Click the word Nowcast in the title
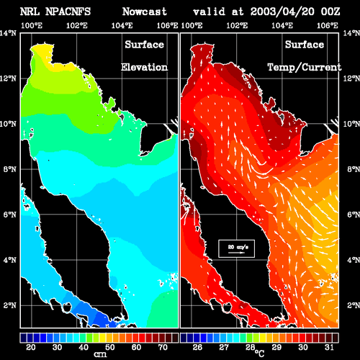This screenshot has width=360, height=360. [x=145, y=12]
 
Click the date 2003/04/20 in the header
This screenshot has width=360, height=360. [x=282, y=12]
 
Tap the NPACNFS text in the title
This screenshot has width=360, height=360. [x=68, y=12]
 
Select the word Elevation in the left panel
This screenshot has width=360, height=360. [x=144, y=67]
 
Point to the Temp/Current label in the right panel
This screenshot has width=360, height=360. [x=305, y=67]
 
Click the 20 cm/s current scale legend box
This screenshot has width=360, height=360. [x=237, y=248]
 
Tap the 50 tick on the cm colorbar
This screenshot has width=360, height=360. [x=109, y=347]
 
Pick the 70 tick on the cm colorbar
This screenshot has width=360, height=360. [x=163, y=347]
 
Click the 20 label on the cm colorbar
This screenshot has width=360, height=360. [x=30, y=347]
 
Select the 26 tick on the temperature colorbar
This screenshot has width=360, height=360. [x=197, y=347]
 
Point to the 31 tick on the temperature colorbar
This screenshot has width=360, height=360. [x=329, y=347]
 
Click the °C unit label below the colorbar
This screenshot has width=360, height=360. [x=259, y=354]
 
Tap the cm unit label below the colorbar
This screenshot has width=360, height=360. [x=100, y=354]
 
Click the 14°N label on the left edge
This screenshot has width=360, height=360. [x=9, y=33]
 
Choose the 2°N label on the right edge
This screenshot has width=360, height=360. [x=354, y=305]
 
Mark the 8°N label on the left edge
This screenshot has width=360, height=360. [x=10, y=169]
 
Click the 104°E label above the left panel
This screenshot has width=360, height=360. [x=122, y=25]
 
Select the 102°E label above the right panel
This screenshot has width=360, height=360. [x=237, y=25]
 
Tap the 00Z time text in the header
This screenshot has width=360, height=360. [x=330, y=12]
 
